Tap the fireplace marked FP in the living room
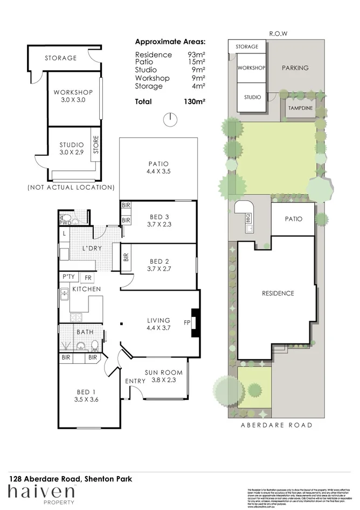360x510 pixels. [196, 323]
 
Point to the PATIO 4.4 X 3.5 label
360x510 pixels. [158, 168]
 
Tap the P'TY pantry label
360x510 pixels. [68, 277]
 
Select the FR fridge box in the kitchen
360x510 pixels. [88, 277]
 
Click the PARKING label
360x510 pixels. [295, 68]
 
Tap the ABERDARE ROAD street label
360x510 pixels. [276, 425]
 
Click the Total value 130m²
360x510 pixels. [195, 101]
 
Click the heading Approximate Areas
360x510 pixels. [170, 42]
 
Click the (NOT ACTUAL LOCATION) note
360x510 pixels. [71, 188]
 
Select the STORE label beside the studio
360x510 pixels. [96, 148]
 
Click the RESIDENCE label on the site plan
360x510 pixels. [278, 293]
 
